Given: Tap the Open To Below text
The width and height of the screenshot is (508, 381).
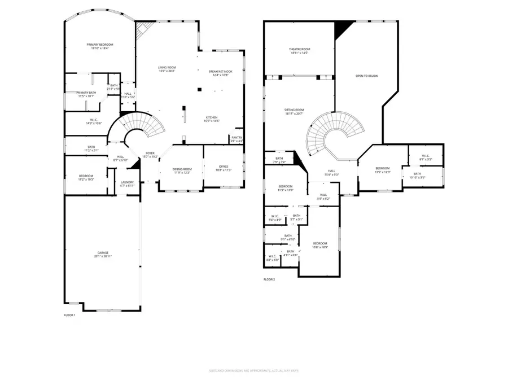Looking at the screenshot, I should [x=366, y=76].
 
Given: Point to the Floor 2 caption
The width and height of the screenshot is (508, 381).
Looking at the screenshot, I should [x=269, y=279].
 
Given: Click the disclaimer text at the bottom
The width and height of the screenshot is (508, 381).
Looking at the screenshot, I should [x=253, y=371].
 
